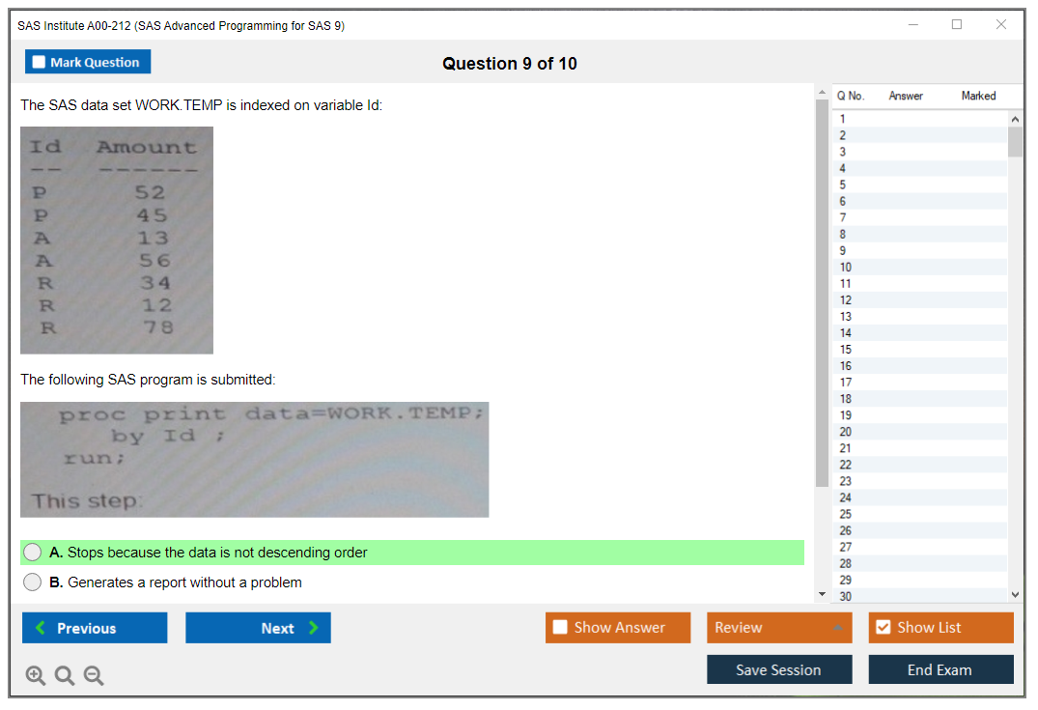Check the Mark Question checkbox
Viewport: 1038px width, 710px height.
(x=39, y=62)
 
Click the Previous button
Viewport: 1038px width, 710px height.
(x=95, y=627)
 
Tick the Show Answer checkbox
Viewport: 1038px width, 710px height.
(x=560, y=627)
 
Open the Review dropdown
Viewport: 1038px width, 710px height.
(x=779, y=627)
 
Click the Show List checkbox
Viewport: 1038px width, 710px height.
(x=884, y=627)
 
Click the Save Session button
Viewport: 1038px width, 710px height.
(x=779, y=669)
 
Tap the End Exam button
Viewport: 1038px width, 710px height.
(x=940, y=669)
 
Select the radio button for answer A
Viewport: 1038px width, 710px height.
(x=33, y=553)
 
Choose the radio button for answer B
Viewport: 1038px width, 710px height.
(x=33, y=582)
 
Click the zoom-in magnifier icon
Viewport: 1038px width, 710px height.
(x=35, y=675)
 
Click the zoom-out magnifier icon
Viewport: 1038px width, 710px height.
(x=94, y=675)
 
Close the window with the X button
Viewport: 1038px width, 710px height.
(x=1001, y=24)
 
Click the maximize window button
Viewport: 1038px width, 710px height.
(x=957, y=24)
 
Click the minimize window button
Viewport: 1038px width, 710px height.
(x=912, y=24)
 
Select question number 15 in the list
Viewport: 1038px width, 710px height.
(x=845, y=350)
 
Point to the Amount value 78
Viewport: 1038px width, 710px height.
(x=158, y=327)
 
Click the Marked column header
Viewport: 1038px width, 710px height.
(x=978, y=96)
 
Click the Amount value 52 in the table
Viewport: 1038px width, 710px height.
(x=150, y=192)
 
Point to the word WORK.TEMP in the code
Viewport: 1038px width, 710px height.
(x=400, y=412)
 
